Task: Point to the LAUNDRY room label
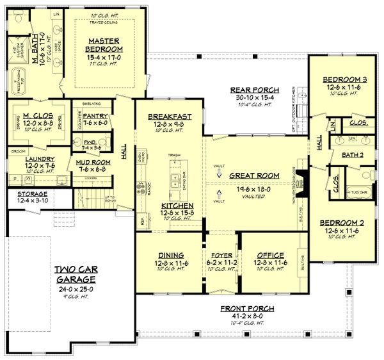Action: point(25,159)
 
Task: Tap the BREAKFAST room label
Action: point(166,117)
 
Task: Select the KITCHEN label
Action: point(170,206)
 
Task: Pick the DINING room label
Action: point(170,254)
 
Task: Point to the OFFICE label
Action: point(269,254)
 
